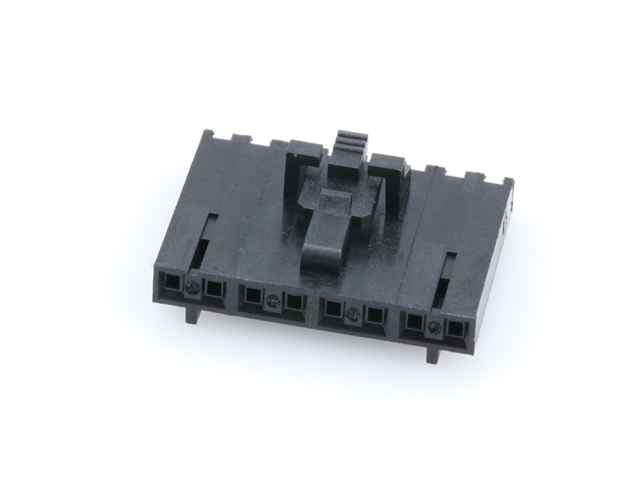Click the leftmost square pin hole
click(170, 283)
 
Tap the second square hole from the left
click(215, 289)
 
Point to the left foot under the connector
click(195, 314)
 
